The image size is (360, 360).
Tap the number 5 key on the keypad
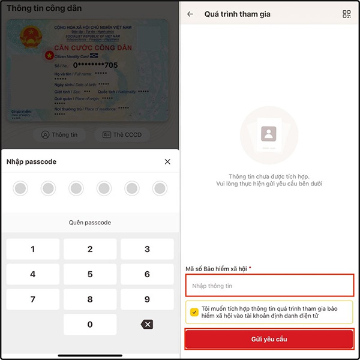tap(90, 274)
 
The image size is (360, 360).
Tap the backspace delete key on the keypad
tap(147, 324)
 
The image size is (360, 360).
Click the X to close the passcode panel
tap(167, 161)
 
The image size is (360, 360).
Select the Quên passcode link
tap(90, 223)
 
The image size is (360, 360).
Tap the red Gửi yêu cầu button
tap(269, 339)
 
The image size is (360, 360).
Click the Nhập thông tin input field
tap(269, 286)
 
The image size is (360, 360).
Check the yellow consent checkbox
tap(194, 312)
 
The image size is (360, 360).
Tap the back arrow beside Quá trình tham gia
tap(190, 14)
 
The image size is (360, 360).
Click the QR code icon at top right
tap(346, 14)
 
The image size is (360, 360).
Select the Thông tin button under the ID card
tap(59, 134)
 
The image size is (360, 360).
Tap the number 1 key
tap(32, 249)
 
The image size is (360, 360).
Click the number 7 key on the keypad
tap(32, 299)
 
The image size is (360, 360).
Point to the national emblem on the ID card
tap(28, 35)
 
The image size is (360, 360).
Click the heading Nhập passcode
tap(31, 161)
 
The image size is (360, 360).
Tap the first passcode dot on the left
tap(20, 189)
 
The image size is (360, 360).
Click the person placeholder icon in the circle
tap(268, 133)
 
